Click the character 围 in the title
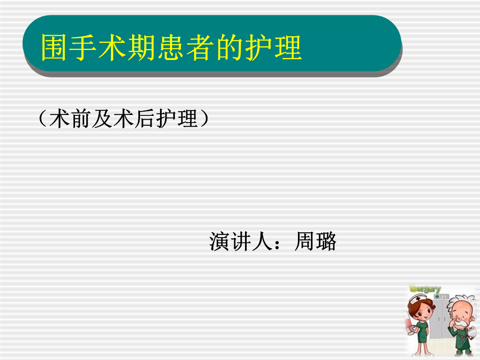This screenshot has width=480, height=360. click(54, 47)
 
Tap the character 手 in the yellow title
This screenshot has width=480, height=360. click(83, 47)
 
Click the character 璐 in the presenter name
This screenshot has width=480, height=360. click(326, 242)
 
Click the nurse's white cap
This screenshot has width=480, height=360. click(418, 298)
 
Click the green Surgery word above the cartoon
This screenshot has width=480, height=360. click(425, 289)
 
